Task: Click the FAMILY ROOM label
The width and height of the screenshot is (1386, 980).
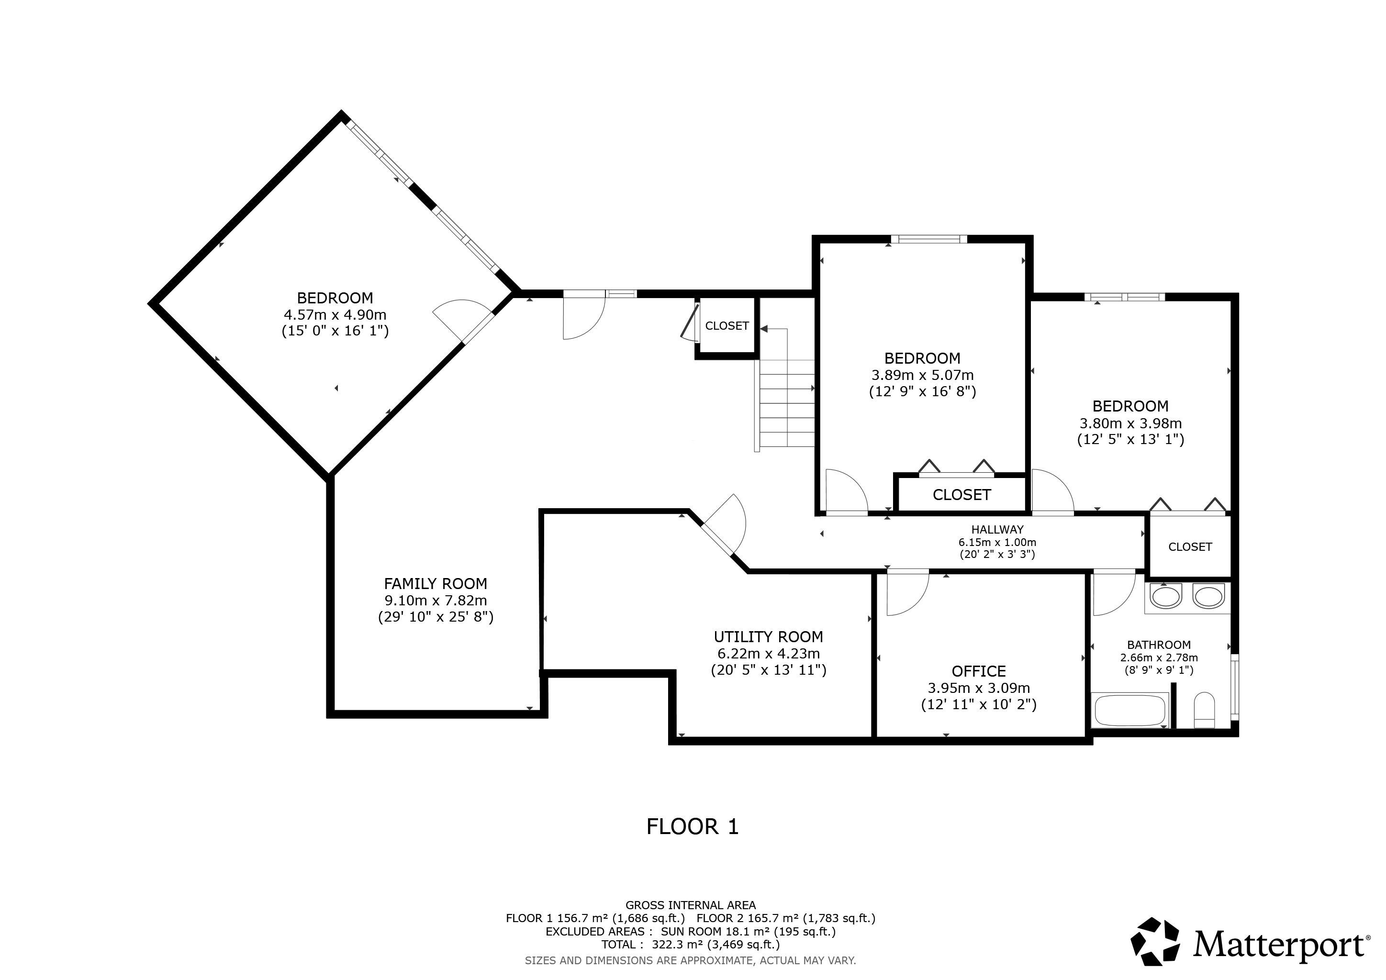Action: pos(435,583)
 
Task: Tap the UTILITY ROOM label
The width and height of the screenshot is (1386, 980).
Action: pos(769,636)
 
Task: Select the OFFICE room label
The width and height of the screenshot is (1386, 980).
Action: pos(979,671)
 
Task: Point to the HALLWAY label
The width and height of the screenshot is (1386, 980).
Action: pos(997,529)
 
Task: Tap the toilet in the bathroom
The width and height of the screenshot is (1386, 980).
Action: pos(1204,710)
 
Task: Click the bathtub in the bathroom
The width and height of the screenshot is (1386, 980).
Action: pos(1130,710)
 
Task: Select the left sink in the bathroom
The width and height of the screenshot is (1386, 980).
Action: pos(1165,597)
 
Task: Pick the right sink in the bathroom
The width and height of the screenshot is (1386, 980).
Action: pos(1208,597)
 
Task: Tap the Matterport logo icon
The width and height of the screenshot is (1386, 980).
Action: pos(1155,946)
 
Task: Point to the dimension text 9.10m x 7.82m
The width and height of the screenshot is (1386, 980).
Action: pos(435,601)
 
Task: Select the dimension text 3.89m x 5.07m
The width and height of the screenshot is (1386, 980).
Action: pos(922,375)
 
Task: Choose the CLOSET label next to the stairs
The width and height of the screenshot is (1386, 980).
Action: pos(727,326)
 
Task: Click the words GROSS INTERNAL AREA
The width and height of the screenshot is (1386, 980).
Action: pos(691,905)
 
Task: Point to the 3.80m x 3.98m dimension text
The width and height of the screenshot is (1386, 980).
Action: pos(1130,423)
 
